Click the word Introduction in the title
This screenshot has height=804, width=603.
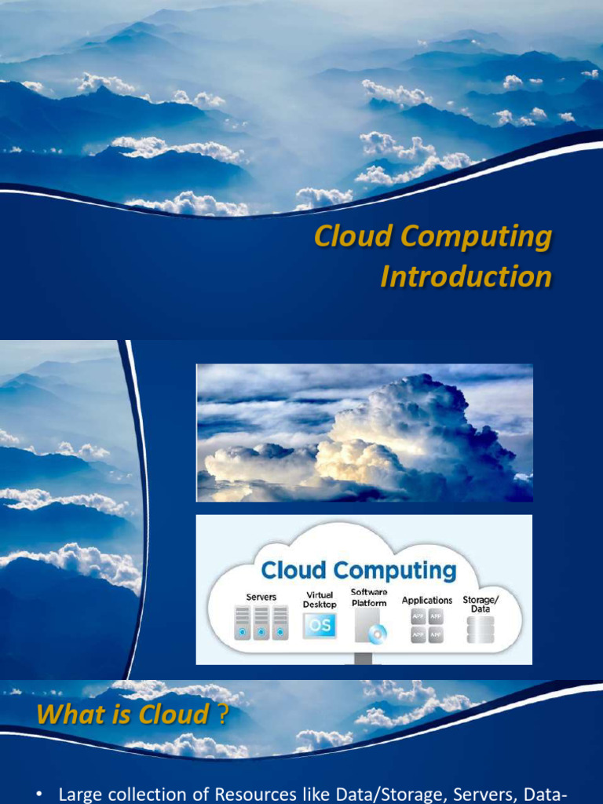click(466, 276)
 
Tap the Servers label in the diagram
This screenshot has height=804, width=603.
click(261, 598)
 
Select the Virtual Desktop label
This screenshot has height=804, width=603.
click(320, 600)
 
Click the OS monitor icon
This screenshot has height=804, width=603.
click(320, 626)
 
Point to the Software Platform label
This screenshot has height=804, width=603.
click(369, 598)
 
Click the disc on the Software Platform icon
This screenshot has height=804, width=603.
click(380, 632)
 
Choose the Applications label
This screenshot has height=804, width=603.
click(427, 600)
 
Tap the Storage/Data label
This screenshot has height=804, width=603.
click(481, 604)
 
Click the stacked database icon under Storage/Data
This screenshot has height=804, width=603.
click(481, 630)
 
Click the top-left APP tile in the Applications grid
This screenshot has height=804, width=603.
click(418, 617)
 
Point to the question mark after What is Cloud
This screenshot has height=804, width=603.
click(223, 714)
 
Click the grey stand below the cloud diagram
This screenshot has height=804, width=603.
click(364, 658)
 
